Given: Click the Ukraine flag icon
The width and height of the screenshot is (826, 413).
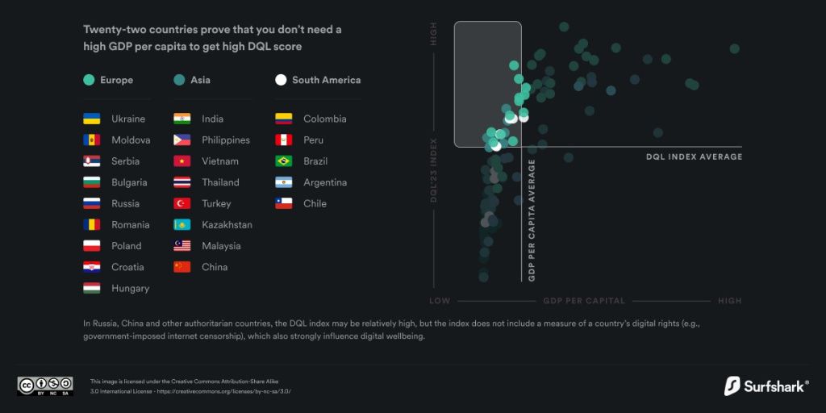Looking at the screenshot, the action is point(92,119).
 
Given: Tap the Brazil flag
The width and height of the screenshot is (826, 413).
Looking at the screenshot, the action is point(283,161).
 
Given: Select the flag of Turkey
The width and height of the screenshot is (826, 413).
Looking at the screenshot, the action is point(182,203).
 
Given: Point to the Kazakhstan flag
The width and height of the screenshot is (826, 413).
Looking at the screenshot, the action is point(182,224).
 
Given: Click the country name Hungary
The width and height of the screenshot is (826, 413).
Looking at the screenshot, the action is point(130,288).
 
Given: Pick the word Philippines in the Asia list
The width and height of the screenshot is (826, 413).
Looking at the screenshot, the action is point(226,140).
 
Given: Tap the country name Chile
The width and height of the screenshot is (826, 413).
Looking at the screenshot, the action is point(315,203).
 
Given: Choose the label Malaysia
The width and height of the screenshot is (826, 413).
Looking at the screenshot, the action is point(221,246).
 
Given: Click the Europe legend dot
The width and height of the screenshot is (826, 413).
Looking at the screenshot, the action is point(89,80).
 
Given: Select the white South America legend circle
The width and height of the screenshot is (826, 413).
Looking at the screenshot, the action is point(281,80).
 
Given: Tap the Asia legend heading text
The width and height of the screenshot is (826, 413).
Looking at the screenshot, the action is point(200,80).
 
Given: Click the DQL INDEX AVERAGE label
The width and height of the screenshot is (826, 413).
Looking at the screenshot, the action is point(695,157).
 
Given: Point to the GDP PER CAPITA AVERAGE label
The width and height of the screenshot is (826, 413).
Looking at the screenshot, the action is point(532,220).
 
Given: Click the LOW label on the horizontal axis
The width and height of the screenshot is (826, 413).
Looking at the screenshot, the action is point(440,301).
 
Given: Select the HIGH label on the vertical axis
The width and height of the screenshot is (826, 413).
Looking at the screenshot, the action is point(433,33).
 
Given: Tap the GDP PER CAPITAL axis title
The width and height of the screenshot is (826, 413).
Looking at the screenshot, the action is point(584,301).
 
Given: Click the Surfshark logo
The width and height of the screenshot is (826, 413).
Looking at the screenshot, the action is point(766,386).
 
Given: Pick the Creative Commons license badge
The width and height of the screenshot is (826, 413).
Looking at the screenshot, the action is point(45,386).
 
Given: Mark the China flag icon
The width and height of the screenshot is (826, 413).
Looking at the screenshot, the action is point(182,267).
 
